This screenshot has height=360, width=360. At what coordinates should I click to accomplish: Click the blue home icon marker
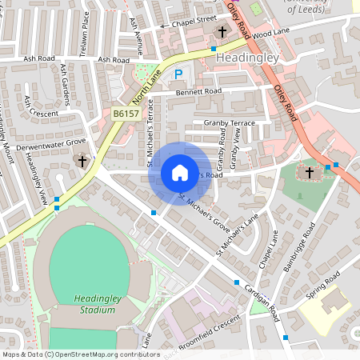coord(179,173)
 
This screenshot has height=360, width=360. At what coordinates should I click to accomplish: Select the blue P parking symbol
coord(179,74)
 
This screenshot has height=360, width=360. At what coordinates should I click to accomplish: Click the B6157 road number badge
coord(125,114)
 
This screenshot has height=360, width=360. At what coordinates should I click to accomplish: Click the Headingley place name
coord(246,58)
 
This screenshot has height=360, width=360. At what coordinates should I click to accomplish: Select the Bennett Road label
coord(198,92)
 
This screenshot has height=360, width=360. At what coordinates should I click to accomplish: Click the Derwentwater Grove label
coord(54,142)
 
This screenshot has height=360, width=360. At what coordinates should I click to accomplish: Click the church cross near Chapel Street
coord(222,32)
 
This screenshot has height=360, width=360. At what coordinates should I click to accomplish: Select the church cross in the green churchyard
coord(309,172)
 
